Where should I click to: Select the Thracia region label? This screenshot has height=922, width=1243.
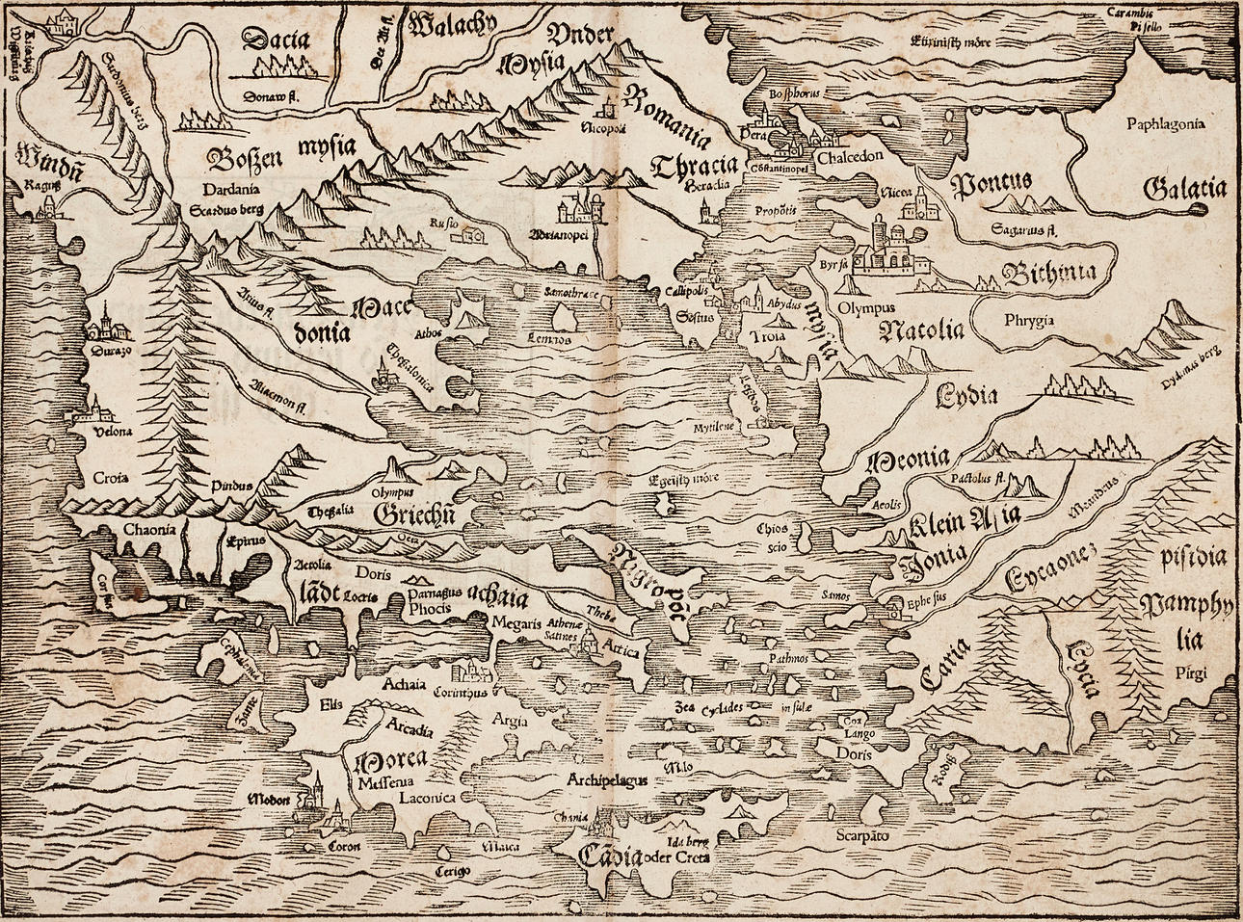(692, 165)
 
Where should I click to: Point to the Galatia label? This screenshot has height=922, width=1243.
(1184, 190)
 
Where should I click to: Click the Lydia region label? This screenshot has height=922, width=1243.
(965, 394)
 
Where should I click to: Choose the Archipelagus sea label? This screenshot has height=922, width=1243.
(606, 779)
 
